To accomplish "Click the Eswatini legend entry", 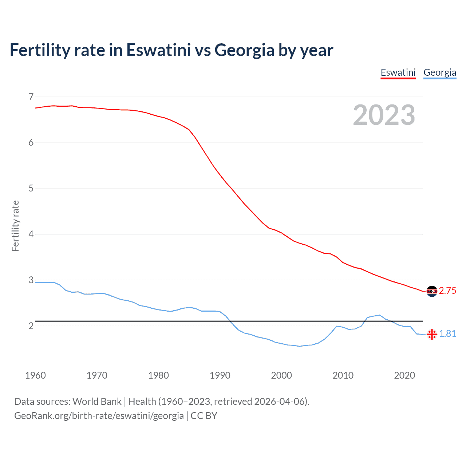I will coord(398,72).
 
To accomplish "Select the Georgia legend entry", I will coord(440,72).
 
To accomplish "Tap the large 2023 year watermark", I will coord(384,115).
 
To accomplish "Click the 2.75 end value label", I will coord(447,291).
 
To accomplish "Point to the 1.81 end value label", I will coord(447,333).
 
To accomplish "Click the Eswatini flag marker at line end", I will coord(432,291).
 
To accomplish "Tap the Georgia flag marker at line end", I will coord(432,334).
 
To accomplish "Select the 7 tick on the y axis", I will coord(31,97).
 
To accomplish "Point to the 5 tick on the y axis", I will coord(31,188).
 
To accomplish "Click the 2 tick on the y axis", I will coord(31,326).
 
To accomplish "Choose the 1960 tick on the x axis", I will coord(35,375).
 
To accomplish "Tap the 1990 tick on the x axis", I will coord(220,375).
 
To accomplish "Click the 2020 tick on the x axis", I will coord(404,375).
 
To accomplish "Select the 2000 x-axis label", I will coord(281,375).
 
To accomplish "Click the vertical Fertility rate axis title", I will coord(15,226).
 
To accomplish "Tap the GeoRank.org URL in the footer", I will coord(99,416).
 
